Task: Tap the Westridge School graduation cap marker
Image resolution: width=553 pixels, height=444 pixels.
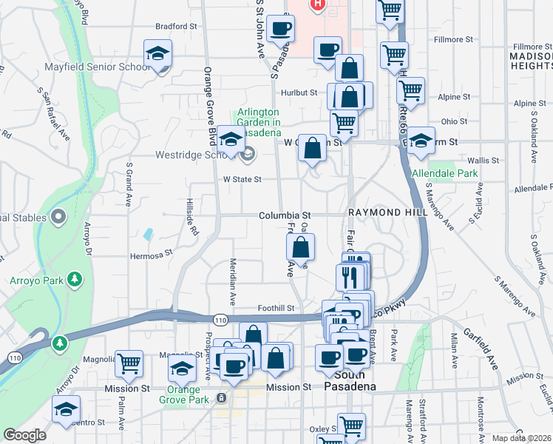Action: (231, 139)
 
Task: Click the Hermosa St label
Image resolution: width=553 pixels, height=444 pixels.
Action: (151, 252)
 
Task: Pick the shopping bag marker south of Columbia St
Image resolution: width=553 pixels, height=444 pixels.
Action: (300, 247)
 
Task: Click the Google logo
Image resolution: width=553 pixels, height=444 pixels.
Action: (24, 435)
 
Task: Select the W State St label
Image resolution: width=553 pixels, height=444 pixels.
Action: (242, 179)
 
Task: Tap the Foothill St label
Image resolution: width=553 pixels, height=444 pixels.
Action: (276, 308)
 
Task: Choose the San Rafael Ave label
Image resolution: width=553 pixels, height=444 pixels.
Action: (53, 106)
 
